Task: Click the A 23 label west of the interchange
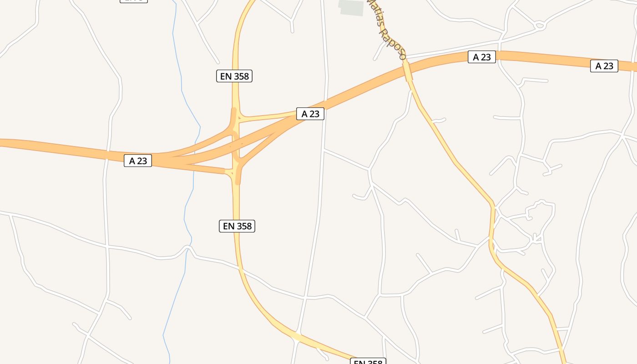[x=137, y=161]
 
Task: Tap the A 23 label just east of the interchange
[x=310, y=114]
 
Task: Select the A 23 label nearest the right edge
[x=604, y=66]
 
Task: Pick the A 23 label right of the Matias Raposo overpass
[x=482, y=57]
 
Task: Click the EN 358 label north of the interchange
[x=234, y=76]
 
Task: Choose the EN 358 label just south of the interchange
[x=237, y=226]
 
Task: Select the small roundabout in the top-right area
[x=540, y=25]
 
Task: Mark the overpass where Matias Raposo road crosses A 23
[x=407, y=71]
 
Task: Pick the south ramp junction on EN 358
[x=237, y=172]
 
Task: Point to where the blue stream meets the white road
[x=188, y=248]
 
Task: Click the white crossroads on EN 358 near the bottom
[x=297, y=337]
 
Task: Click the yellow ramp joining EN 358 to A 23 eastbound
[x=268, y=117]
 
